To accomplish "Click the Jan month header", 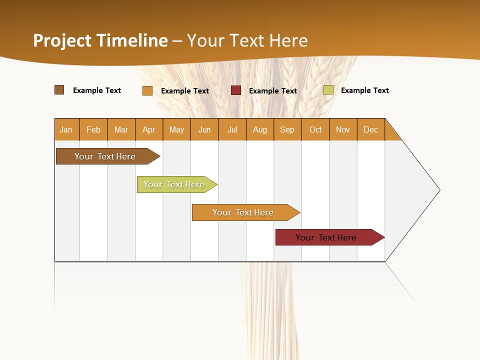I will [x=66, y=129].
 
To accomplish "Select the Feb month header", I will [x=93, y=129].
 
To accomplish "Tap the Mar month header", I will [x=121, y=129].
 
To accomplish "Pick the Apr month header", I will [x=149, y=129].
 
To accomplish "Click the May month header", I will [x=176, y=129].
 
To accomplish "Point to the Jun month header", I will [x=204, y=129].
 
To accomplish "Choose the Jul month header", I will [x=232, y=129].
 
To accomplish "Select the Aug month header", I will [x=260, y=129].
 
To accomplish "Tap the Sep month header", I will [x=287, y=129].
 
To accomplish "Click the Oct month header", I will [x=315, y=129].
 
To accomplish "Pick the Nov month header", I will [x=343, y=129].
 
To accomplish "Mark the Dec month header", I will [x=371, y=129].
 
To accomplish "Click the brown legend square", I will [x=59, y=90].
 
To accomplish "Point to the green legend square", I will [x=328, y=90].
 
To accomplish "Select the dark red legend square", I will [x=236, y=90].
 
